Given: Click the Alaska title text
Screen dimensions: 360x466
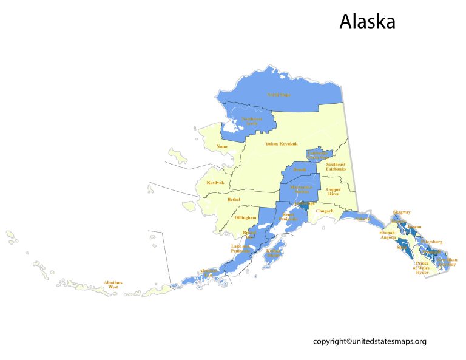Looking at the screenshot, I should click(367, 21).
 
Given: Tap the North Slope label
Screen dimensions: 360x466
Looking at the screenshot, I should click(279, 95).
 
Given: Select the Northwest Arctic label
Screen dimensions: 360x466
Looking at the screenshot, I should click(251, 121).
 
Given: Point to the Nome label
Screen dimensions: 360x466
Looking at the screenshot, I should click(222, 147).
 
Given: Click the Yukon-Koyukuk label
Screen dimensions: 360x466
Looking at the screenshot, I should click(281, 144).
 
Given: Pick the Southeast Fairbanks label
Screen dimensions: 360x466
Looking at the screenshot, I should click(336, 167).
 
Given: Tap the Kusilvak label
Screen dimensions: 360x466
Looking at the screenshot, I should click(215, 182).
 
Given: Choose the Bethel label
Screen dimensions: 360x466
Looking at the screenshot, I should click(234, 199).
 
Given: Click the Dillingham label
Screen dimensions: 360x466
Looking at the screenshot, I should click(246, 217).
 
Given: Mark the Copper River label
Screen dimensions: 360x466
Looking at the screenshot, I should click(334, 192).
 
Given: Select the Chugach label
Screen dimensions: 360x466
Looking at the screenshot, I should click(325, 211).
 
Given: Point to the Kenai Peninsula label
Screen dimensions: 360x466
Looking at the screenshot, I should click(287, 217).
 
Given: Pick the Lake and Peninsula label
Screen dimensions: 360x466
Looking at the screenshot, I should click(240, 248).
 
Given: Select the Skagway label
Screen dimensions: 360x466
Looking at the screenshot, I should click(402, 212).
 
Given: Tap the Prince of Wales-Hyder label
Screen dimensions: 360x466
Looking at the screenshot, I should click(422, 268).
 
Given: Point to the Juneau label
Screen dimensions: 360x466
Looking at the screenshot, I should click(414, 227).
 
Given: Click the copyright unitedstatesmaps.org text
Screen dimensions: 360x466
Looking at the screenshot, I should click(370, 341).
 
